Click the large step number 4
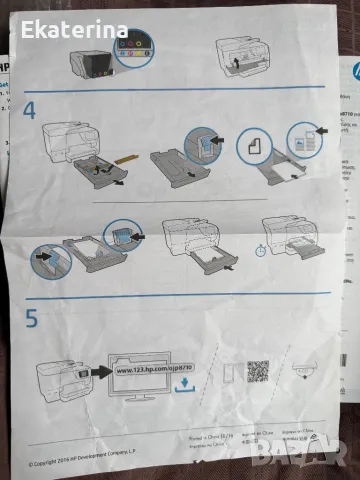pos(30,107)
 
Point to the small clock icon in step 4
pos(260,251)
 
